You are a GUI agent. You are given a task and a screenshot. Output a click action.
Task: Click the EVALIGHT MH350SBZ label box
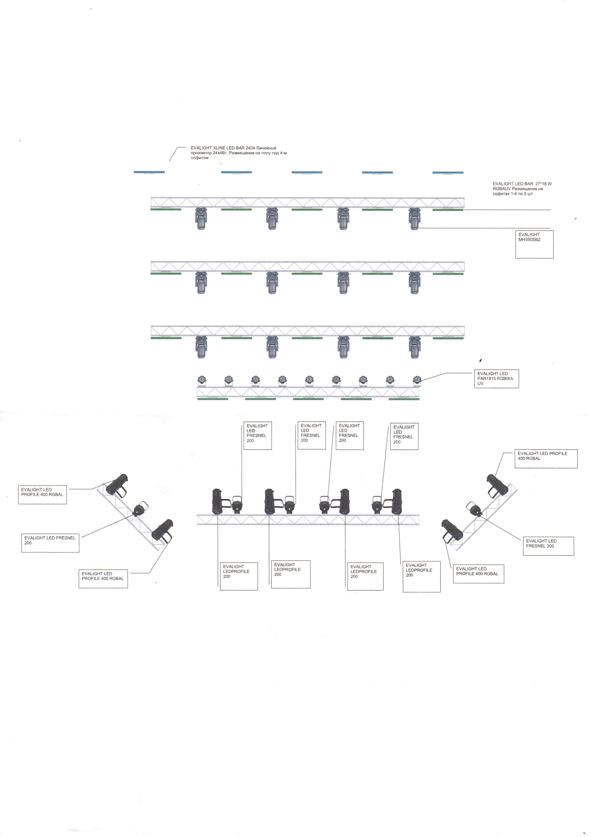tap(534, 244)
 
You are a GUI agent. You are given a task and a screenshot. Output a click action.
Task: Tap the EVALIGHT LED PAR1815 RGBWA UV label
tap(496, 379)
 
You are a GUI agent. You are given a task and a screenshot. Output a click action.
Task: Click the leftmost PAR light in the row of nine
tap(201, 381)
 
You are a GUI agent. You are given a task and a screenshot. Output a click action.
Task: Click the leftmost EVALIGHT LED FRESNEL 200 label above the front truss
tap(258, 436)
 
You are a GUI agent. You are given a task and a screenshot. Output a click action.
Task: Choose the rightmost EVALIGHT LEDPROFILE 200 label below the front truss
tap(422, 577)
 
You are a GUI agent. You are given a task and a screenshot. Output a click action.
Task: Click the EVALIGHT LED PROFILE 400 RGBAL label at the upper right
tap(546, 459)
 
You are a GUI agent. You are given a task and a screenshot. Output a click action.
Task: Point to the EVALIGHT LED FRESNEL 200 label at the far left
tap(50, 543)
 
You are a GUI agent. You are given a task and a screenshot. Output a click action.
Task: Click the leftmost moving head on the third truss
tap(201, 347)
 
